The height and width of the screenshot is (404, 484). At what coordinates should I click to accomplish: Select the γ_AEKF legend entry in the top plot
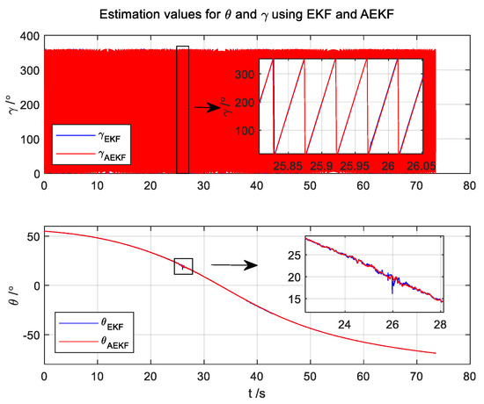point(97,153)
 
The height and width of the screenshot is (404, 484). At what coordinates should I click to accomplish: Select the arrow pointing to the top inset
point(206,107)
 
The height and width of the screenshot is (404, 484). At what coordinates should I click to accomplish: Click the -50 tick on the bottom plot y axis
point(26,335)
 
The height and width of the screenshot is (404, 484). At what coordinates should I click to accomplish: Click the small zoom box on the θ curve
point(183,266)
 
